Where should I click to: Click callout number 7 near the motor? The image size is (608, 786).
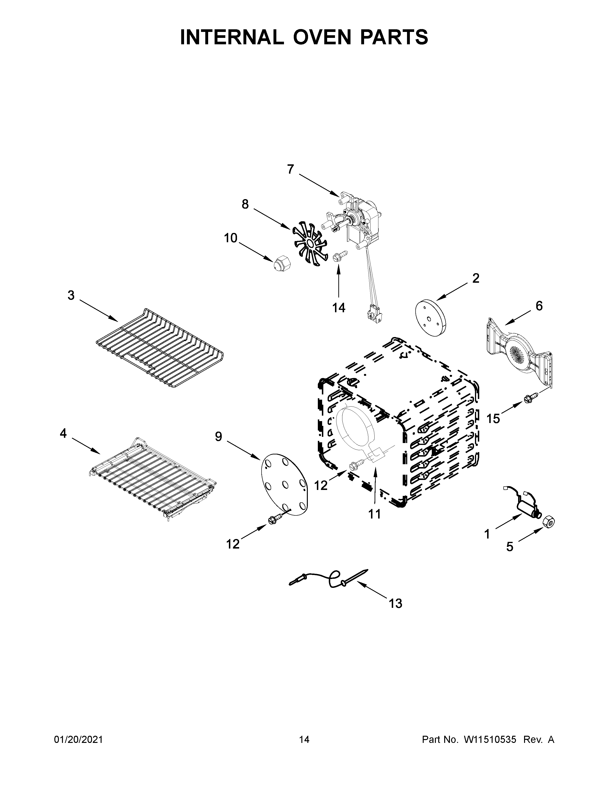tap(290, 169)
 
